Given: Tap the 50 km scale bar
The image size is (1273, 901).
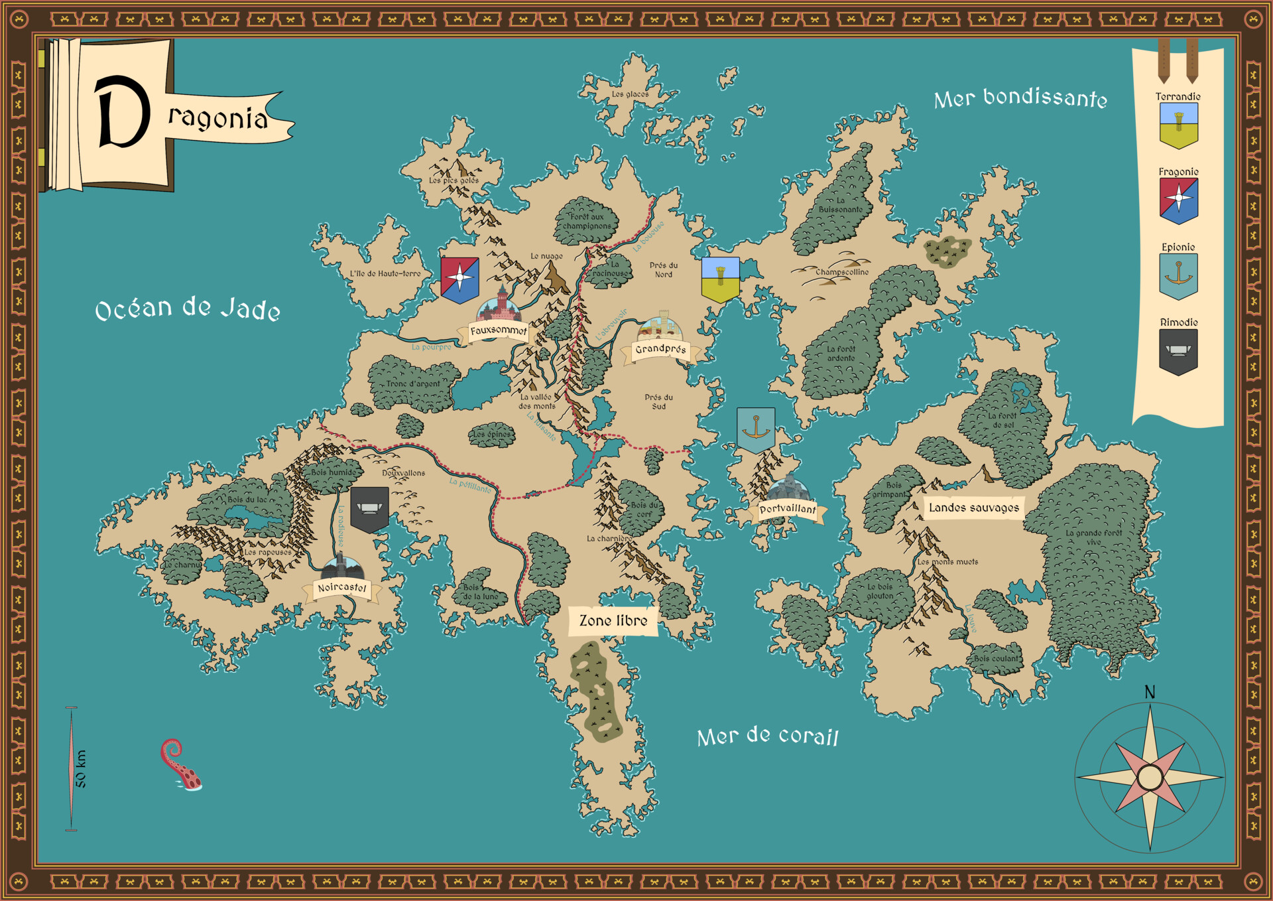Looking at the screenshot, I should tap(72, 768).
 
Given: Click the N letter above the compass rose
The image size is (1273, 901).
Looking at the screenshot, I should tap(1150, 692).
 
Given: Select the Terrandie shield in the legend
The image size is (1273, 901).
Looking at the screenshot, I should tap(1178, 125).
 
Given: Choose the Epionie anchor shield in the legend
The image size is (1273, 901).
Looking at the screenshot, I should tap(1178, 276).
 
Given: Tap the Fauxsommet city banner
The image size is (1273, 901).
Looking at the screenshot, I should tap(499, 330).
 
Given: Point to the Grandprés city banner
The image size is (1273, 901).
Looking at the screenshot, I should tap(660, 349).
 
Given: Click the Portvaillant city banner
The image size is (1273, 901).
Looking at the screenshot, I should tap(788, 510).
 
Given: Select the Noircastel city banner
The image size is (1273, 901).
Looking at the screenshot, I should tap(341, 588).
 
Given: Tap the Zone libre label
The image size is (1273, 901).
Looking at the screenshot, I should tap(613, 621).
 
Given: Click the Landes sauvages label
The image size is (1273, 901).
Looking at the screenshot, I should tap(973, 508).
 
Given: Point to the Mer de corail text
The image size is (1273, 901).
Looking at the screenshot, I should tap(768, 736).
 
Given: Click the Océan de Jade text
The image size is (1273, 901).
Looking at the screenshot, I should tap(188, 309).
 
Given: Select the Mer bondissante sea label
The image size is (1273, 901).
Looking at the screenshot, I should tap(1020, 98).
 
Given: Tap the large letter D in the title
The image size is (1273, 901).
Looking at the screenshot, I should tap(122, 111).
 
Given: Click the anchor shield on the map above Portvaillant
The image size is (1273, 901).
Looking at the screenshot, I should tap(756, 429).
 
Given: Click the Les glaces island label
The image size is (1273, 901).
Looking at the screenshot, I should tap(630, 94).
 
